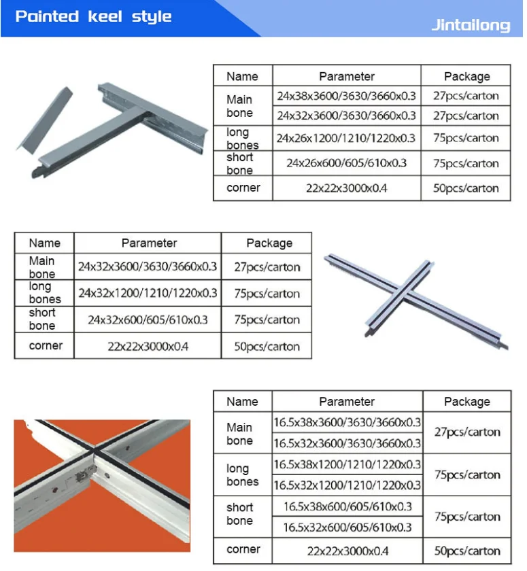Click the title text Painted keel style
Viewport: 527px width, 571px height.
click(x=93, y=16)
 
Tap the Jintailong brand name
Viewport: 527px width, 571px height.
click(x=471, y=26)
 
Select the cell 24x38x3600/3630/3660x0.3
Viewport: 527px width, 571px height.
click(x=346, y=96)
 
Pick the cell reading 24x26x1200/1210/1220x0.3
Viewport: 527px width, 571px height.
click(x=346, y=138)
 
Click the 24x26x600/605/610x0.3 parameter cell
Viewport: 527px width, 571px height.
click(x=346, y=163)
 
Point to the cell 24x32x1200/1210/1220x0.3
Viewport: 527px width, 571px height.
click(x=148, y=293)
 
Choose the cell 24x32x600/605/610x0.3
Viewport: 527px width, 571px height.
click(x=148, y=319)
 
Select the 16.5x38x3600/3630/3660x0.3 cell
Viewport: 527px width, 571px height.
click(x=347, y=422)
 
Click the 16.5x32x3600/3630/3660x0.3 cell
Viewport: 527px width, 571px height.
click(x=347, y=443)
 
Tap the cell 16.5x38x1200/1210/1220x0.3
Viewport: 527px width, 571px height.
click(x=347, y=464)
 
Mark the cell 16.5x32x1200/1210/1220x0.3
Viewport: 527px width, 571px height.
click(x=347, y=485)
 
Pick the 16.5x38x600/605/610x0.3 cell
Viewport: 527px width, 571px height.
click(x=347, y=506)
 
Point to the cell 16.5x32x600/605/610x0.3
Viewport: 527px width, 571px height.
click(x=347, y=527)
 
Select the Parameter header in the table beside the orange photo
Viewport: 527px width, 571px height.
click(x=347, y=401)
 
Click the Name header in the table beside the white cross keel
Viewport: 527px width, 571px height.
click(x=44, y=243)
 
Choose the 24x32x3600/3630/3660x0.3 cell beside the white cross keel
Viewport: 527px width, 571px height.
click(x=148, y=267)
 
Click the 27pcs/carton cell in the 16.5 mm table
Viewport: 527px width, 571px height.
click(x=466, y=432)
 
